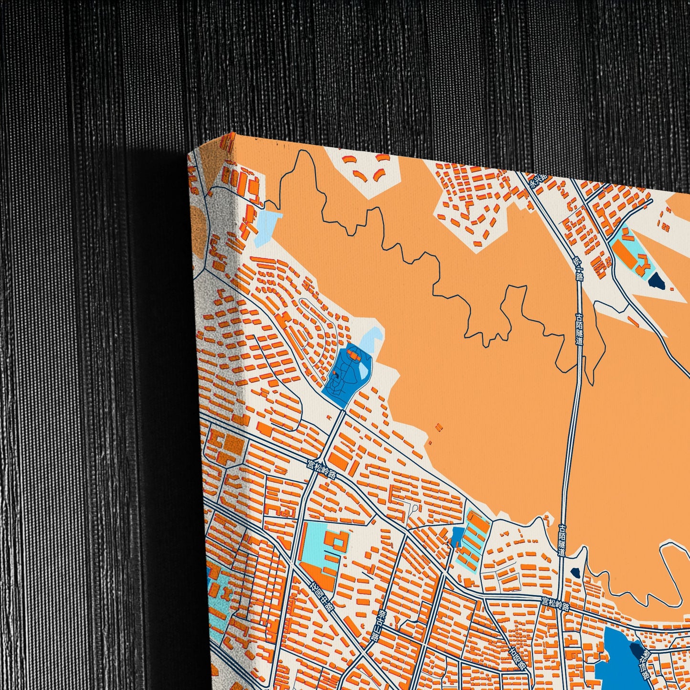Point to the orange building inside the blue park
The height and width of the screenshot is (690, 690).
coord(354,355)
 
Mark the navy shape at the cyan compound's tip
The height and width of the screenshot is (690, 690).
coord(655,280)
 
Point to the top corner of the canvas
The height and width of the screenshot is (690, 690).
coord(230,133)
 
